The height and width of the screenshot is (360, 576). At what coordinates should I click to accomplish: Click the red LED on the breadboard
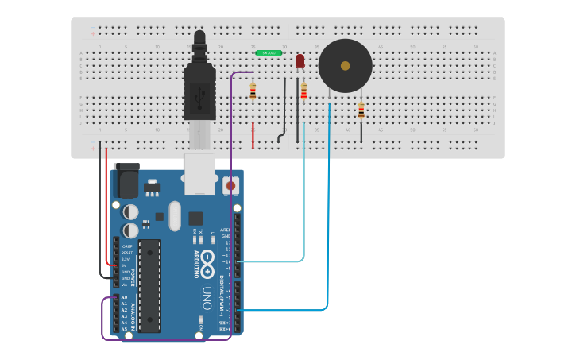point(300,61)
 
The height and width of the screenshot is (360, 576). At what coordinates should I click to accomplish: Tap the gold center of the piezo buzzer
point(345,66)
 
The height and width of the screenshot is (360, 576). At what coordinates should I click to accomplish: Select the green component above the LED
point(269,53)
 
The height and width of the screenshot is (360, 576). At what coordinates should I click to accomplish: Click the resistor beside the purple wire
point(253,91)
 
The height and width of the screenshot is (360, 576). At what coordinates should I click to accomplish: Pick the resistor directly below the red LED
point(303,91)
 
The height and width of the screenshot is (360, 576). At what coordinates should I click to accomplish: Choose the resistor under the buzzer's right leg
point(361,110)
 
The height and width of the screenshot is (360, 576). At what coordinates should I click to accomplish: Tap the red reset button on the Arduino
point(230,186)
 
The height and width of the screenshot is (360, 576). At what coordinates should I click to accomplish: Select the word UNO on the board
point(207,297)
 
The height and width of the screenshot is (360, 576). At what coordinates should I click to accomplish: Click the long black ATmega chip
point(149,286)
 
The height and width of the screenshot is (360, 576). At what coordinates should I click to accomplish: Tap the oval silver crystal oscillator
point(175,216)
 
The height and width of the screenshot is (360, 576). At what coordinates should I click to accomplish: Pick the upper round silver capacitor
point(130,212)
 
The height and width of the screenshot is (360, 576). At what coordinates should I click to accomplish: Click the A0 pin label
point(124,297)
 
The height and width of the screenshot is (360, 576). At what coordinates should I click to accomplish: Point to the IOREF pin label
point(126,246)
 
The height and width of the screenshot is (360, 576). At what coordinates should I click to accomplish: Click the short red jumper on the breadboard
point(253,135)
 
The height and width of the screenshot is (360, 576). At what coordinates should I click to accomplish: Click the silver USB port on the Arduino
point(199,173)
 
